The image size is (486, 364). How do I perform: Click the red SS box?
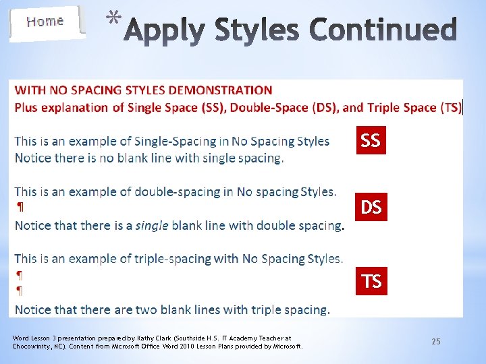(371, 140)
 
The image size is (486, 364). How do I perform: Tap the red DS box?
(371, 208)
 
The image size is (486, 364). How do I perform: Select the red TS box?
(371, 280)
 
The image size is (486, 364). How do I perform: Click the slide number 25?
(436, 342)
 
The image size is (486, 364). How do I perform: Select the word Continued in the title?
(383, 30)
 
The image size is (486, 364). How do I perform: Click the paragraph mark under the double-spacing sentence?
(19, 208)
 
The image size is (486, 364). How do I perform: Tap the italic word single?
(152, 226)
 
